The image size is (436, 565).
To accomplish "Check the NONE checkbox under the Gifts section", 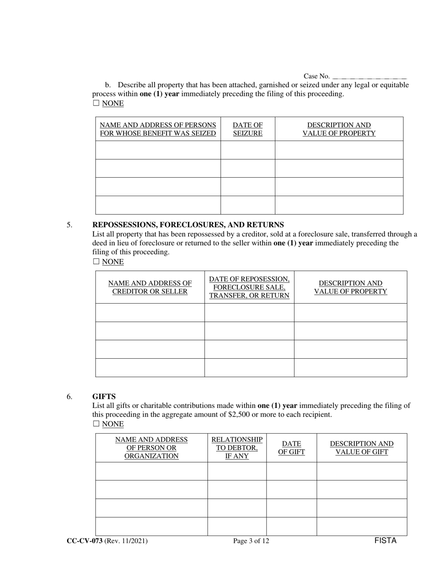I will (x=96, y=424).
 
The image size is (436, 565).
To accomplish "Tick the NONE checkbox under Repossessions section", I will (x=96, y=261).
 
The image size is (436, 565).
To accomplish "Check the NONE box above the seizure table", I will (x=96, y=103).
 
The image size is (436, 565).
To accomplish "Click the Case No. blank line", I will (x=369, y=77).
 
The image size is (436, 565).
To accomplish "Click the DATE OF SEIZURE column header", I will (x=248, y=129).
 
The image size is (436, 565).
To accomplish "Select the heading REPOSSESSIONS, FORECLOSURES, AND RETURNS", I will (x=188, y=225).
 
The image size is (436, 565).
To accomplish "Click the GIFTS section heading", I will (x=104, y=396).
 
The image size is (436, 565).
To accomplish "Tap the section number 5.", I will (x=69, y=225).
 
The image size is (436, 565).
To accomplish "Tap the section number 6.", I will (x=69, y=396).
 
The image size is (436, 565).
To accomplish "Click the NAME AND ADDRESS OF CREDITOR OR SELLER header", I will (x=150, y=287).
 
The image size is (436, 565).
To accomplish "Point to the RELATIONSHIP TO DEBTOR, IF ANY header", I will (x=237, y=448).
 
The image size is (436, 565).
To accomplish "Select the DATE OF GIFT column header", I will (x=291, y=448).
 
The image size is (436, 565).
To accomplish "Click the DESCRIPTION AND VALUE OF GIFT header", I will (x=362, y=448).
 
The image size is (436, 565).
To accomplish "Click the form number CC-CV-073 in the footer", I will (x=84, y=541).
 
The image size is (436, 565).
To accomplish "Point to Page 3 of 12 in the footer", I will (x=251, y=541).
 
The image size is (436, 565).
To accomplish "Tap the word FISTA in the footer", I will (x=385, y=541).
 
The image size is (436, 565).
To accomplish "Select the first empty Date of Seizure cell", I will (x=248, y=150).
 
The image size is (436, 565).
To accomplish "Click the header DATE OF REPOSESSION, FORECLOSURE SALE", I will (x=249, y=287).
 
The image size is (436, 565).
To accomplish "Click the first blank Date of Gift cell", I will (x=291, y=471).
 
